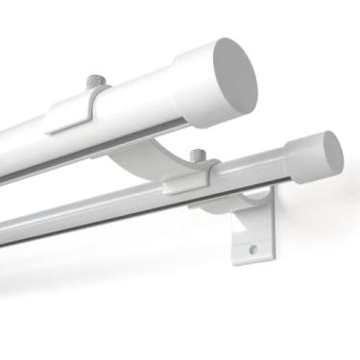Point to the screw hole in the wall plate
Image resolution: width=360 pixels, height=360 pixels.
point(253,250)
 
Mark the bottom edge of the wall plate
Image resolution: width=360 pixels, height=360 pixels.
point(252,263)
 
